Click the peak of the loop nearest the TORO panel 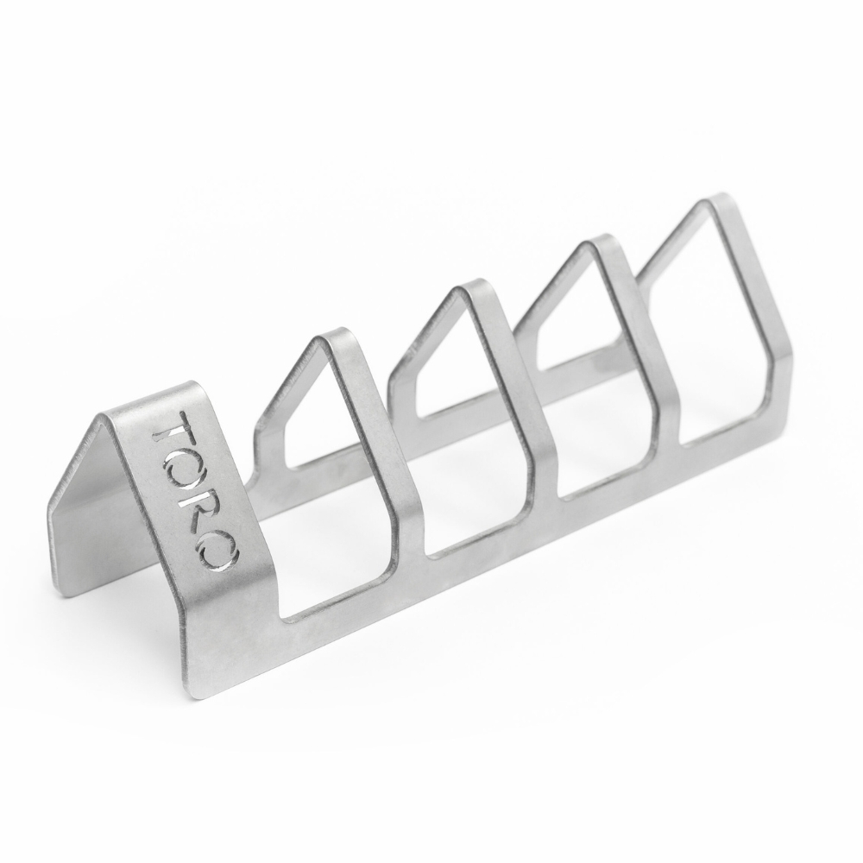pos(337,337)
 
